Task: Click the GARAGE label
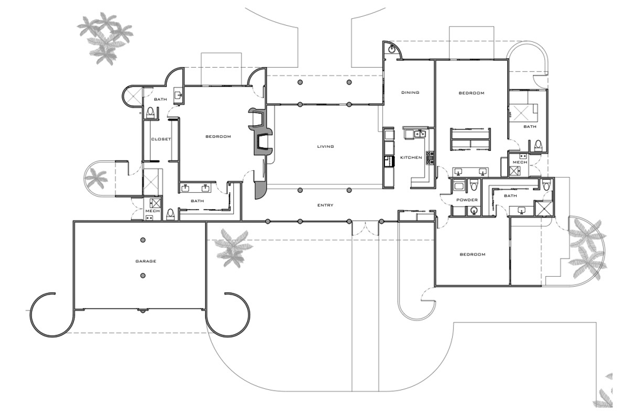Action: pyautogui.click(x=145, y=261)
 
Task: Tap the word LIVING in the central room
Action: pyautogui.click(x=325, y=146)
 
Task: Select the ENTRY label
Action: pyautogui.click(x=325, y=205)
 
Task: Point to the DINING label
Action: pyautogui.click(x=410, y=93)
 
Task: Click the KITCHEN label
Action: pyautogui.click(x=411, y=158)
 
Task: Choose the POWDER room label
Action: pyautogui.click(x=467, y=200)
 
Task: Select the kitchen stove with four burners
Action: pyautogui.click(x=430, y=158)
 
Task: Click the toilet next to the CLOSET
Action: pyautogui.click(x=150, y=113)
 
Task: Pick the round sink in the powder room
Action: pyautogui.click(x=474, y=211)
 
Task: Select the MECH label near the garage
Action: pyautogui.click(x=152, y=211)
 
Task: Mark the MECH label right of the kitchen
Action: pyautogui.click(x=520, y=162)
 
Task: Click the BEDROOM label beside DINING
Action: pyautogui.click(x=471, y=93)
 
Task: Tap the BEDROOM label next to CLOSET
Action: pyautogui.click(x=218, y=136)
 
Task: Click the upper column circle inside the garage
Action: pyautogui.click(x=144, y=240)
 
